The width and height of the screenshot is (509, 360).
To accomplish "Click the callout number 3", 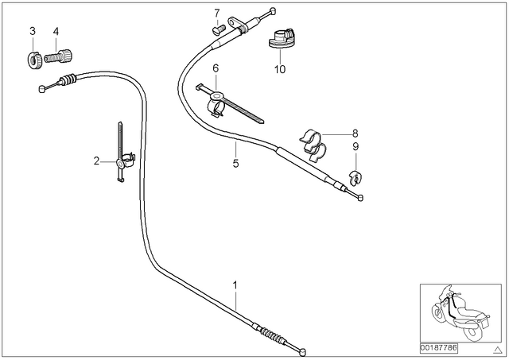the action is (x=33, y=31).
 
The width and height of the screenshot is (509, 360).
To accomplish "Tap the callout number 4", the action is (x=56, y=32).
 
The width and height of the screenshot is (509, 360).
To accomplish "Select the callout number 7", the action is (x=217, y=14).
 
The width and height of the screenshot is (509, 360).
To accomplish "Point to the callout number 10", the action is (x=280, y=69).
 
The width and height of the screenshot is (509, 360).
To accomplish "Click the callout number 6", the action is (x=216, y=68).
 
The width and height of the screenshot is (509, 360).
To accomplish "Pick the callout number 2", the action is (x=96, y=161).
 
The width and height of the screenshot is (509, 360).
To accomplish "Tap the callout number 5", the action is (x=235, y=163).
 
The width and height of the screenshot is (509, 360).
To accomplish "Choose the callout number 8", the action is (x=356, y=134).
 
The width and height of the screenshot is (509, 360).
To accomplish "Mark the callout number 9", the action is (x=356, y=146).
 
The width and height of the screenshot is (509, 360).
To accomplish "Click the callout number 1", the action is (x=235, y=285).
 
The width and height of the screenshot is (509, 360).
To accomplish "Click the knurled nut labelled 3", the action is (x=33, y=60).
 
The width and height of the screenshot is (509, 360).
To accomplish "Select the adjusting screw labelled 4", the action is (x=58, y=56).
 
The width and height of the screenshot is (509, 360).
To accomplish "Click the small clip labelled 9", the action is (x=356, y=178).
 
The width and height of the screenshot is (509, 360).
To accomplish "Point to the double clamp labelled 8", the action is (x=313, y=145).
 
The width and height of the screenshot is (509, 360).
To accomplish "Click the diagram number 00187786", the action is (x=438, y=349).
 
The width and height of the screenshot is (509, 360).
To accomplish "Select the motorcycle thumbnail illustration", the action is (x=460, y=313).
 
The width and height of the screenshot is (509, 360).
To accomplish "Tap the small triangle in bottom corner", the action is (x=497, y=350).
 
